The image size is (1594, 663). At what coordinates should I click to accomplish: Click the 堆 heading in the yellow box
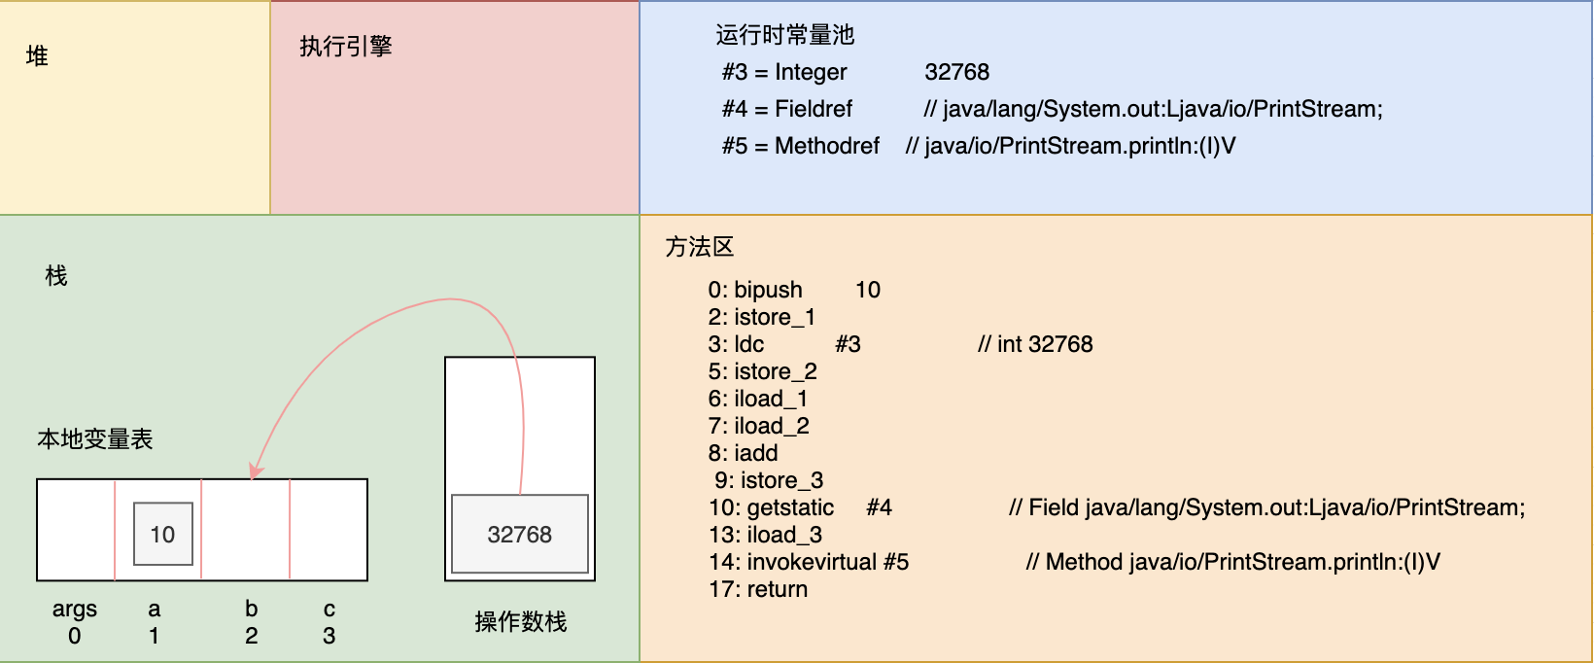pos(37,55)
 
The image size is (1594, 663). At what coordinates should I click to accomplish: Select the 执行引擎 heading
pos(346,47)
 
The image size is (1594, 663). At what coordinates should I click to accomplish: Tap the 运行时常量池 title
pos(785,35)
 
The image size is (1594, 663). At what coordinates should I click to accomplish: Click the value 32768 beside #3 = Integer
pos(957,72)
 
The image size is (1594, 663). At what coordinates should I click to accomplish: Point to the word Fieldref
pos(814,109)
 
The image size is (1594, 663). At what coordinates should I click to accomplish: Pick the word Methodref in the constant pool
pos(827,146)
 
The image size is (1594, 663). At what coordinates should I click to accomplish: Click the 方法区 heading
pos(700,247)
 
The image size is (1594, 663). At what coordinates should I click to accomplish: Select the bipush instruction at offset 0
pos(769,291)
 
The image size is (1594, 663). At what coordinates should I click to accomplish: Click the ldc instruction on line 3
pos(749,344)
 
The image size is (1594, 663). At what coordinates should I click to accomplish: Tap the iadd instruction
pos(756,453)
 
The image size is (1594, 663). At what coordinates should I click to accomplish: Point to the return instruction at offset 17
pos(778,589)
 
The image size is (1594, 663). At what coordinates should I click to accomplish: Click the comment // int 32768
pos(1035,344)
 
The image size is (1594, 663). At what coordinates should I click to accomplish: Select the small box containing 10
pos(163,534)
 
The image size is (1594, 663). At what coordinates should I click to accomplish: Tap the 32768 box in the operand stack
pos(520,534)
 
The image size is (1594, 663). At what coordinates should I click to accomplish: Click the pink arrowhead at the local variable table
pos(256,471)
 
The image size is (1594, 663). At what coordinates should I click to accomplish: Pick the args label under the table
pos(75,610)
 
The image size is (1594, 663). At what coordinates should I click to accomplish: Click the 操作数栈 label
pos(521,622)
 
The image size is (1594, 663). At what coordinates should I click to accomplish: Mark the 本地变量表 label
pos(94,438)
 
